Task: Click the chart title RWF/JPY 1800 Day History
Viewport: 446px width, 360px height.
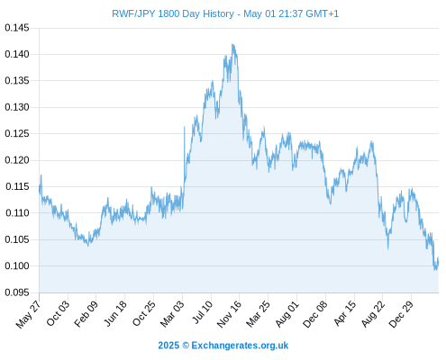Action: tap(173, 13)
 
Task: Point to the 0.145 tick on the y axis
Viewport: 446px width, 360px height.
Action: tap(17, 28)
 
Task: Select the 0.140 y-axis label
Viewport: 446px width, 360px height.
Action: tap(17, 54)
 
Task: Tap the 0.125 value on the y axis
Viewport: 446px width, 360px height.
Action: tap(17, 133)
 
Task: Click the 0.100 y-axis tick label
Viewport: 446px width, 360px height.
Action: tap(17, 265)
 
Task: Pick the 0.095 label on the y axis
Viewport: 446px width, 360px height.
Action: tap(17, 292)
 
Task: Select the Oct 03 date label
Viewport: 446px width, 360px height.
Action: tap(58, 313)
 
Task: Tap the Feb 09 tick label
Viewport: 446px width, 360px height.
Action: tap(86, 314)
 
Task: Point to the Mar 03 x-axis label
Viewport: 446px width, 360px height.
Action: tap(172, 314)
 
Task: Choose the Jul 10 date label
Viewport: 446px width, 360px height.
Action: tap(202, 312)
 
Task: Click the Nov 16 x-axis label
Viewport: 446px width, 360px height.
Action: tap(229, 314)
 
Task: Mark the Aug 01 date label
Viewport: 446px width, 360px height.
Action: tap(287, 314)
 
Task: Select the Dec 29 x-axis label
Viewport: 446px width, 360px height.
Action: tap(401, 314)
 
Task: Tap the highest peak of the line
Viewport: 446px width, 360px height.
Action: tap(232, 44)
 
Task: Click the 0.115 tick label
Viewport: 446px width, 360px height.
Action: tap(17, 186)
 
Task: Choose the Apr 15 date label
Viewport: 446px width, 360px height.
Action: tap(344, 313)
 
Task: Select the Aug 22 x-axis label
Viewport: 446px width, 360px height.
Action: tap(373, 314)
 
